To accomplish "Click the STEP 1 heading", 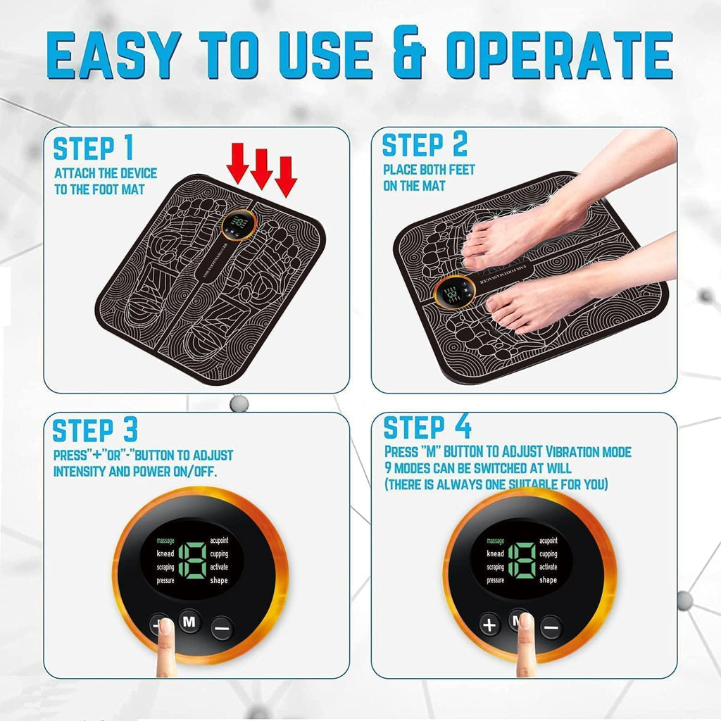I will (x=93, y=149).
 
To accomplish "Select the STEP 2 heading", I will (x=425, y=145).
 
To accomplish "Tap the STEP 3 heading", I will (x=95, y=430).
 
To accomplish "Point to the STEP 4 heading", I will (x=427, y=427).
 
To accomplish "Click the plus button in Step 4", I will (x=490, y=625).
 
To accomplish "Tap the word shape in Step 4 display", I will (x=548, y=580).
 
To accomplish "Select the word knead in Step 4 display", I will (x=495, y=554).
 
